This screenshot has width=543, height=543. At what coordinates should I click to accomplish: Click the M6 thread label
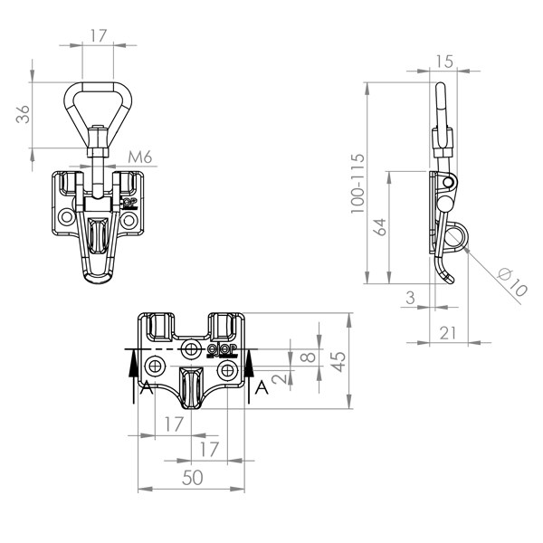click(x=140, y=157)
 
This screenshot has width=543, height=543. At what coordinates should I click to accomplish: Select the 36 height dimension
click(x=23, y=114)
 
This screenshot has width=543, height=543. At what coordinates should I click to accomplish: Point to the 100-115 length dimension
click(x=357, y=183)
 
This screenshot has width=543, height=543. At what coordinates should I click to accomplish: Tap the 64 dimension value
click(x=381, y=227)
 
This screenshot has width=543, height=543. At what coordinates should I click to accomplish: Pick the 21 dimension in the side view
click(x=448, y=333)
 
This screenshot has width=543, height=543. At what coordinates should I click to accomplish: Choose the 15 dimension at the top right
click(x=443, y=62)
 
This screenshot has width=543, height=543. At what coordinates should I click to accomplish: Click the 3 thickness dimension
click(x=410, y=298)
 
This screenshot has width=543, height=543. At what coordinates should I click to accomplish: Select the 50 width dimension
click(x=192, y=478)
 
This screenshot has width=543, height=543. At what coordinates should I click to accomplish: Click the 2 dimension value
click(x=280, y=378)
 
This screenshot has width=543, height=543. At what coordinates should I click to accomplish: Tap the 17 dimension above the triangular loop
click(x=99, y=35)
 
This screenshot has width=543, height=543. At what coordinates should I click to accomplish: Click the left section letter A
click(x=147, y=387)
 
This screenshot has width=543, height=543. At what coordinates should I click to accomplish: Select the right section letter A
click(x=262, y=387)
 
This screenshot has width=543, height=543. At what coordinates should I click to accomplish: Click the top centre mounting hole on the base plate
click(x=191, y=348)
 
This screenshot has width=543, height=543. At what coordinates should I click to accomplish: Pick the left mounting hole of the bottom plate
click(x=155, y=366)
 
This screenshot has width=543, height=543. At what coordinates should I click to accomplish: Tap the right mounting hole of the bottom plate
click(x=227, y=371)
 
